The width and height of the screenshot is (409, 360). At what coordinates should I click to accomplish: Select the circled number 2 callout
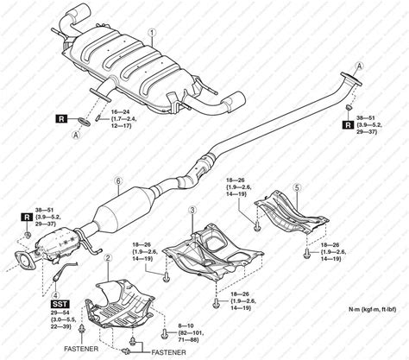pos(107,257)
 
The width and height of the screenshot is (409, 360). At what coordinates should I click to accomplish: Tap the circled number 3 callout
pos(192,210)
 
